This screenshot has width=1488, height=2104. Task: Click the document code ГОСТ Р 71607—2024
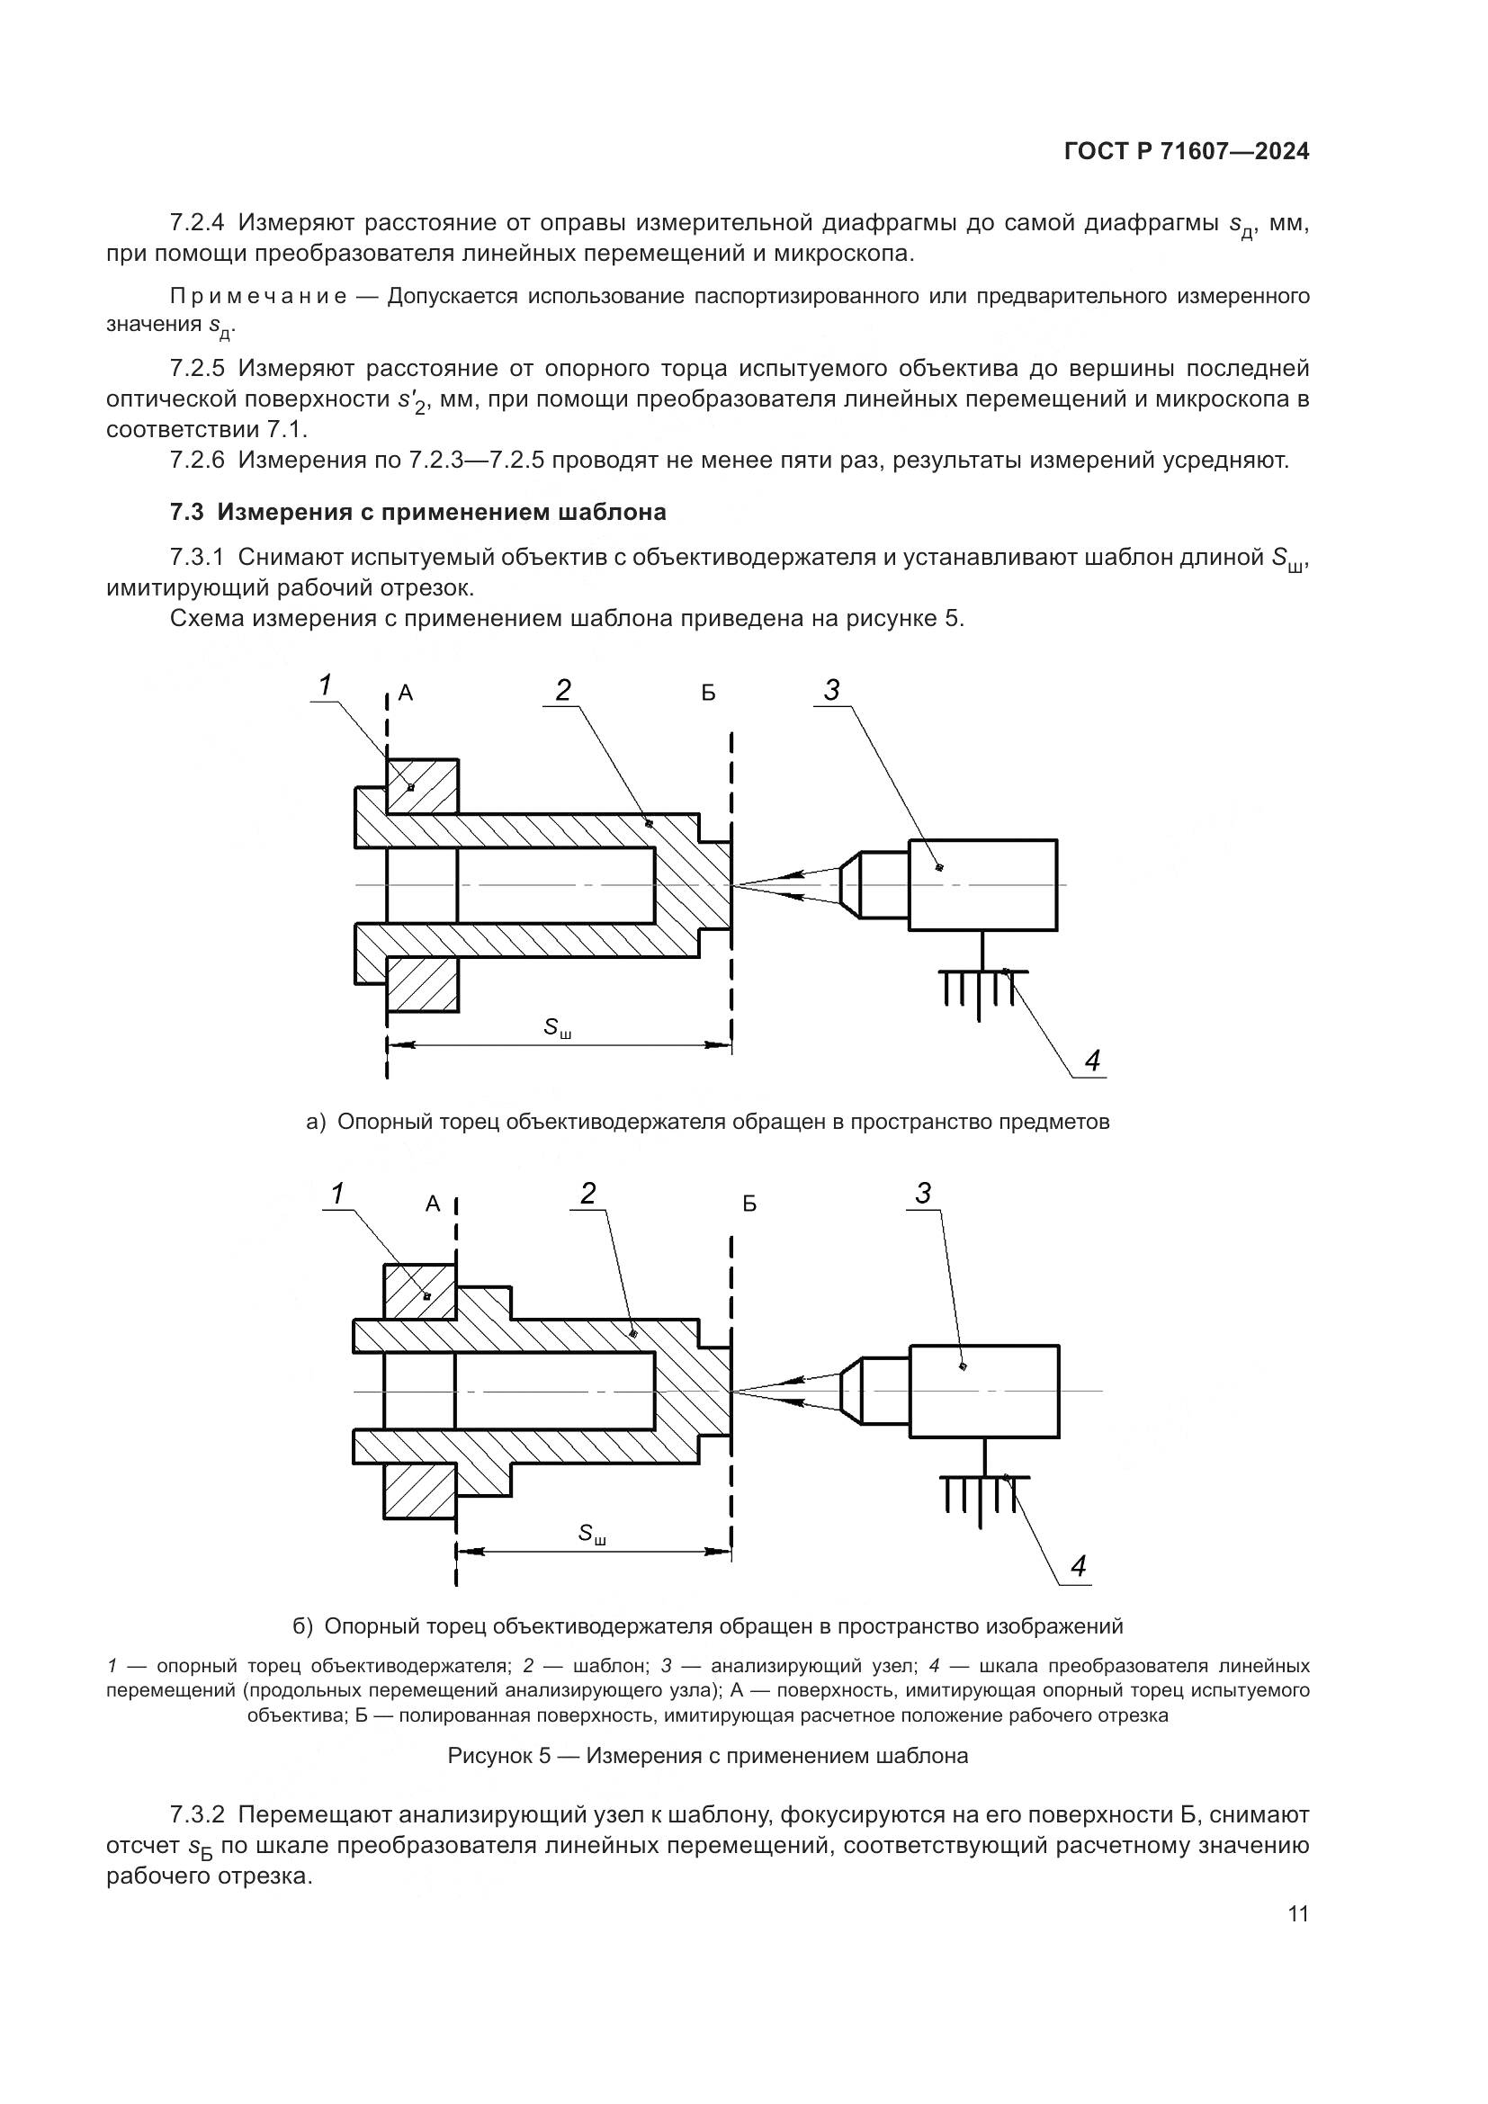click(1187, 152)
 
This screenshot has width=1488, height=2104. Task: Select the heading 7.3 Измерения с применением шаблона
click(417, 512)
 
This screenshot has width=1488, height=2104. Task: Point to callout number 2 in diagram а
click(563, 690)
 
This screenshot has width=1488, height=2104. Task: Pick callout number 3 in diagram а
click(831, 690)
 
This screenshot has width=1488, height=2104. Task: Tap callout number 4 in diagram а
click(1091, 1061)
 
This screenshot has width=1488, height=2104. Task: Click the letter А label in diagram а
click(406, 694)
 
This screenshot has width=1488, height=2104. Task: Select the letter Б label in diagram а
click(708, 694)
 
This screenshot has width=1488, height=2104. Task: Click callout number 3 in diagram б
click(923, 1193)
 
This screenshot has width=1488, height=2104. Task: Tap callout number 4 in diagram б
click(1079, 1566)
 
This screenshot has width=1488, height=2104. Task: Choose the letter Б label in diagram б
click(749, 1204)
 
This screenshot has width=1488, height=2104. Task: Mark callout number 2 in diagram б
click(588, 1193)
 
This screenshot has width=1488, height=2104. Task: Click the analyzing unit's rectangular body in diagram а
click(982, 885)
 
